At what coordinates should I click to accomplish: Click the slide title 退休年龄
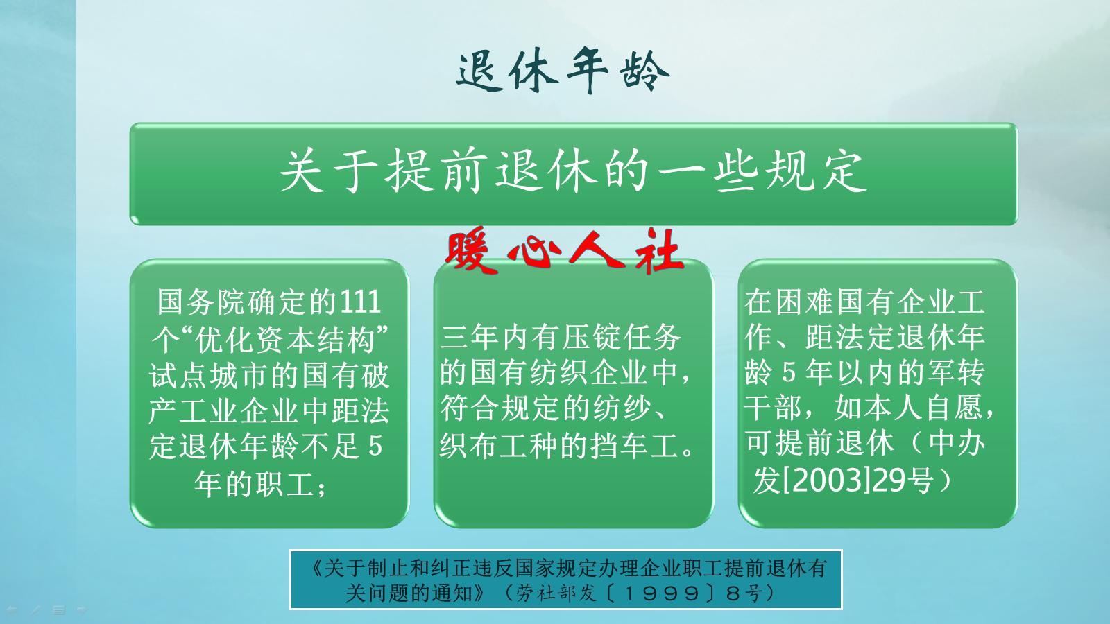(x=562, y=70)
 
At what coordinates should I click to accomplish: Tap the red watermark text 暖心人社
(x=563, y=251)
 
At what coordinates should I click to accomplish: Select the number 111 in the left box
(x=360, y=302)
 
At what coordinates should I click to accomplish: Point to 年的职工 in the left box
(x=253, y=484)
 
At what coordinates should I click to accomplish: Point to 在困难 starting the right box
(x=789, y=302)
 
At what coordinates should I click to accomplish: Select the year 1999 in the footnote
(x=662, y=593)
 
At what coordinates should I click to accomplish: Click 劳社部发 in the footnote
(x=556, y=593)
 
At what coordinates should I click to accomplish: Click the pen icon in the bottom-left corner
(x=35, y=610)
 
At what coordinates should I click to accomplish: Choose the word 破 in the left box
(x=375, y=376)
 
